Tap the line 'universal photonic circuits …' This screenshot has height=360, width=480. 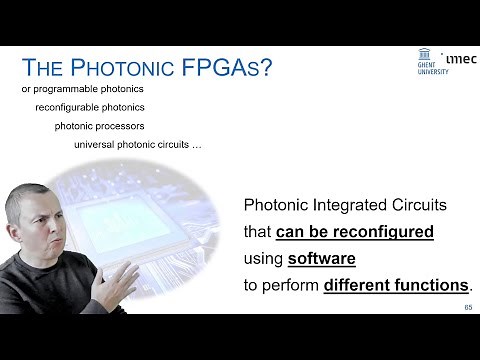pyautogui.click(x=138, y=144)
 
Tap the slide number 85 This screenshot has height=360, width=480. pyautogui.click(x=468, y=307)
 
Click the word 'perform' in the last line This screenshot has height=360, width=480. pyautogui.click(x=291, y=285)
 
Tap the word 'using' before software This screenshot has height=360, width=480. pyautogui.click(x=263, y=259)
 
